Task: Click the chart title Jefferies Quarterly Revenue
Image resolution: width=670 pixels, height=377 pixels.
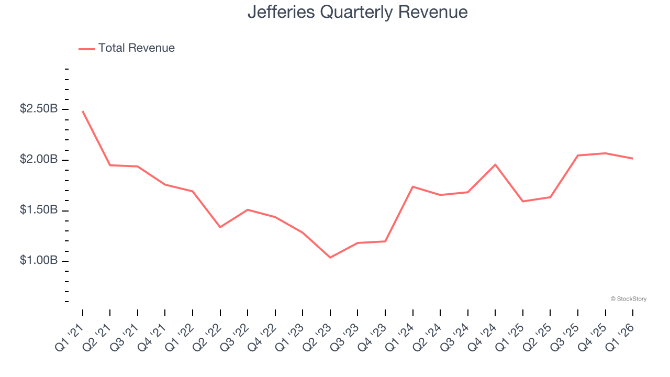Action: [358, 12]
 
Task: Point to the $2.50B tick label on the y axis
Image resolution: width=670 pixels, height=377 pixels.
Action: [39, 109]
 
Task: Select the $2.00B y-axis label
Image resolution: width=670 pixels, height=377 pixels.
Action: [39, 160]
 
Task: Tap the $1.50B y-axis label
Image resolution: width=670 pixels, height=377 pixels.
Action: [39, 210]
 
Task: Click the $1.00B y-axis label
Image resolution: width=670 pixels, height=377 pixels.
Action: [39, 261]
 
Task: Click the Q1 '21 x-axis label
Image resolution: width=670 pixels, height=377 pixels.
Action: [70, 335]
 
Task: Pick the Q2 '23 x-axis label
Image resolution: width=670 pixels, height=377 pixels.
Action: [317, 335]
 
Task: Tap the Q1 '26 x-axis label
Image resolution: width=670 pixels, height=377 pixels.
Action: [620, 335]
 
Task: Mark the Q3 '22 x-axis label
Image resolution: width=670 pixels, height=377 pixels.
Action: [234, 335]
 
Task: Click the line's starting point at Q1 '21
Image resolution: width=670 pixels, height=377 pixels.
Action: [83, 111]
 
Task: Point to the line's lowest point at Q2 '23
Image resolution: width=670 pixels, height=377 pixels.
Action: [330, 258]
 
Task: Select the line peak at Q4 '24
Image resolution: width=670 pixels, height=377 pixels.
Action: [495, 164]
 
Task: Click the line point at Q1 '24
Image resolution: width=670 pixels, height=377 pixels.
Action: [413, 186]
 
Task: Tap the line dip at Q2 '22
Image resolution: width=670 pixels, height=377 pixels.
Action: [220, 227]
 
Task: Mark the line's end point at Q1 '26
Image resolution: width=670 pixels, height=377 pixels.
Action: [633, 158]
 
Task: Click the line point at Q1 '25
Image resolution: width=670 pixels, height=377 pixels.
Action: [523, 201]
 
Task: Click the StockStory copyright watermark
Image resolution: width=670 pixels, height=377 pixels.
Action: [628, 299]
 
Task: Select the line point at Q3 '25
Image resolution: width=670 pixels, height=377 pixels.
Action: [578, 155]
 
